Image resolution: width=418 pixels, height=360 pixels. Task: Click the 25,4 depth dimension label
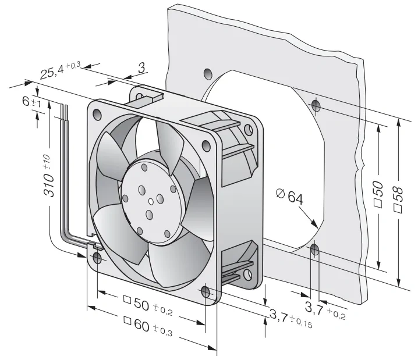(60, 70)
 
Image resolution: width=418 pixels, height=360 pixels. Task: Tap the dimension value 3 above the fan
(141, 68)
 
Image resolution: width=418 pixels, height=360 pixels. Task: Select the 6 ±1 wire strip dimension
(31, 102)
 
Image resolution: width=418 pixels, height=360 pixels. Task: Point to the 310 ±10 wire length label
(49, 176)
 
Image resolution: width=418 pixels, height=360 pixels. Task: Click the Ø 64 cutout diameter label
(290, 196)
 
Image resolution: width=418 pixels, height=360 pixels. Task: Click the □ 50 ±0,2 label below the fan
(148, 306)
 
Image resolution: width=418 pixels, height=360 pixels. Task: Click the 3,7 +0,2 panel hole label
(325, 310)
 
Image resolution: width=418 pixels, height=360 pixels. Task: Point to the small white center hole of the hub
(151, 202)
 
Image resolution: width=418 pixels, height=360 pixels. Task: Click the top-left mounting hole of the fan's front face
(97, 114)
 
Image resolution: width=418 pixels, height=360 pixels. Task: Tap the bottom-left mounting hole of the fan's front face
(97, 258)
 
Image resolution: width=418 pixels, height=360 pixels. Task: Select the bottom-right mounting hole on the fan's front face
(206, 292)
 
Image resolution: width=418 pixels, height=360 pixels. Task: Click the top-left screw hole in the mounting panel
(208, 73)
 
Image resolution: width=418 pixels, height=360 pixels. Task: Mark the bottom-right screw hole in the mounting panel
(315, 249)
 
